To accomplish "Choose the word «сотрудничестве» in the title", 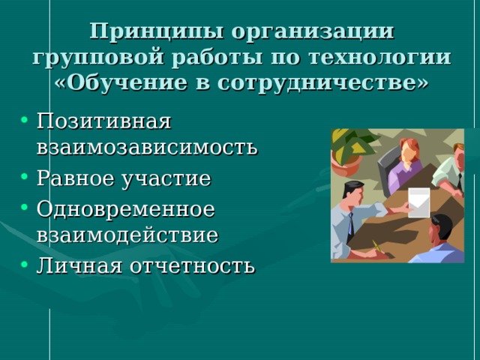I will coord(324,82).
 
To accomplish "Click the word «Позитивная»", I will coord(104,120).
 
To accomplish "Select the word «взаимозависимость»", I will coord(147,146).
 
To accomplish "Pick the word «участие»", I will coord(171,179).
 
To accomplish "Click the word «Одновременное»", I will coord(125,208).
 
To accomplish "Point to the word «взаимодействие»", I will coord(127,235).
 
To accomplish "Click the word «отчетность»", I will coord(192,265).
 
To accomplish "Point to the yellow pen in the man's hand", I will coord(377,246).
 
